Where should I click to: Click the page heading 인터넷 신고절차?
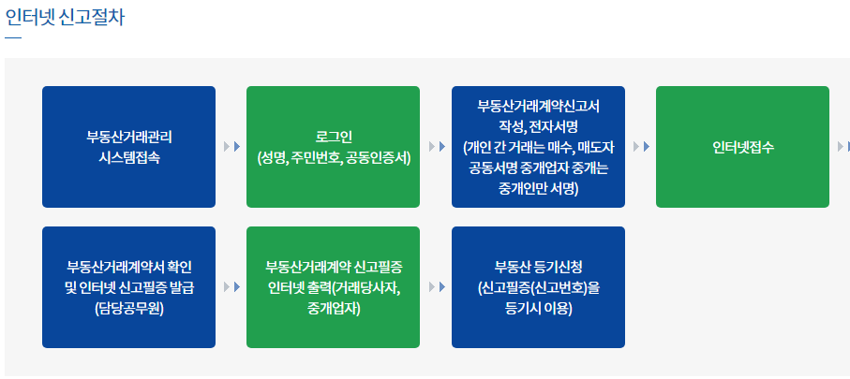(65, 17)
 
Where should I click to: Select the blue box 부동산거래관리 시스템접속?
(128, 147)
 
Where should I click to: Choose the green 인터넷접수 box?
(742, 147)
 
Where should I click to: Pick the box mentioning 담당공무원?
(128, 287)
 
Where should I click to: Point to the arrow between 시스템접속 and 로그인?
(231, 147)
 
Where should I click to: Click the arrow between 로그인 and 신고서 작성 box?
(436, 147)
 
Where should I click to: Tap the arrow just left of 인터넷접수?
(640, 147)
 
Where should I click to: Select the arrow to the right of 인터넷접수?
(843, 147)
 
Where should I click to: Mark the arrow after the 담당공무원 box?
(231, 287)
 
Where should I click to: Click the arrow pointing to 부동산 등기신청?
(436, 287)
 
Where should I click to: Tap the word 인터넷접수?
(742, 147)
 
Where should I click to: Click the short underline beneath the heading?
(12, 38)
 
